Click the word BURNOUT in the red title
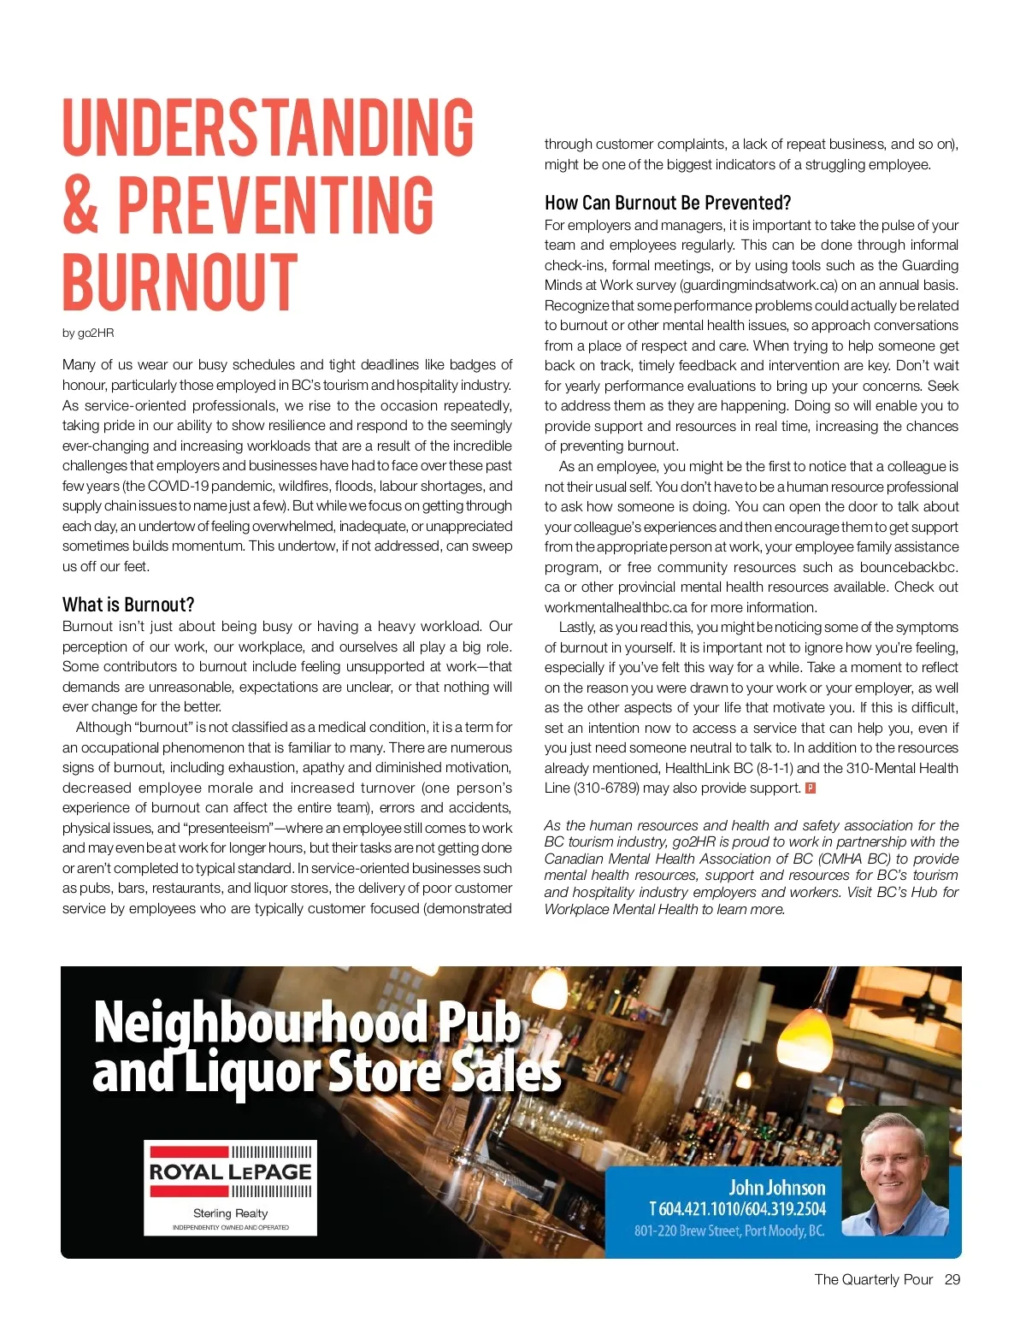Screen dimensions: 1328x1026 (180, 282)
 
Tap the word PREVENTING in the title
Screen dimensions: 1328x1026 (275, 205)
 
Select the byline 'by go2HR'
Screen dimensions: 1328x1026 (87, 333)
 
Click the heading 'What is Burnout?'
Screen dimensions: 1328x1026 (128, 605)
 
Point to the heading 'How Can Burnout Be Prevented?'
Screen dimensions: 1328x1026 (668, 203)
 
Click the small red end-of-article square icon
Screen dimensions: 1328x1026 (811, 788)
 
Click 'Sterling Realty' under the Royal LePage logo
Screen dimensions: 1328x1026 (230, 1213)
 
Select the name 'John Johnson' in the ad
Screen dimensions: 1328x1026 (776, 1187)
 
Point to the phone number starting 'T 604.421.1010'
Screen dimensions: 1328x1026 (737, 1208)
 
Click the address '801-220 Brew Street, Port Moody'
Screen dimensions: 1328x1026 (728, 1231)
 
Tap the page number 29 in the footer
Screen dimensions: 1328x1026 (952, 1279)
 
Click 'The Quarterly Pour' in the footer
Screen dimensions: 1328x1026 (873, 1279)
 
